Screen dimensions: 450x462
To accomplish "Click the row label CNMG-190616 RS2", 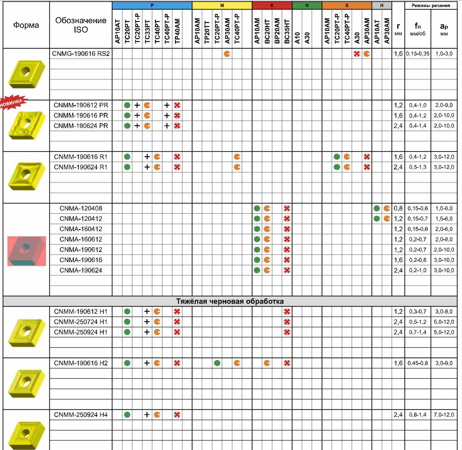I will [x=81, y=54].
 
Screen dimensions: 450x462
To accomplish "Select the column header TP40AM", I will [x=177, y=31].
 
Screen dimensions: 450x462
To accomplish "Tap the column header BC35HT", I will [x=287, y=31].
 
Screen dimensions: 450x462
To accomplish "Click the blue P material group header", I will [x=152, y=6].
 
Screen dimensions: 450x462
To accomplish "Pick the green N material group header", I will [x=307, y=6].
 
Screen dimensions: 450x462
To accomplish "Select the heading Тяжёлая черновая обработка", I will [x=230, y=301].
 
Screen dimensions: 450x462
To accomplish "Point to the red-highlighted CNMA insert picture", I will [x=27, y=251].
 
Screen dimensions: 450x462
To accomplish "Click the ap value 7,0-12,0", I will [x=444, y=415].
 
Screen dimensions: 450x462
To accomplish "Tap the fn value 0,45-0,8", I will [x=418, y=363].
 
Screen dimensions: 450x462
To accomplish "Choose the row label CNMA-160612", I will [x=81, y=239].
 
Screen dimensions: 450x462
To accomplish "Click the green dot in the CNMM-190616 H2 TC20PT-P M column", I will [x=217, y=363].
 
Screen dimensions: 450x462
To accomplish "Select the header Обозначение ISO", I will [x=81, y=25].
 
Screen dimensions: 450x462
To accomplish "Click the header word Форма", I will [x=26, y=25].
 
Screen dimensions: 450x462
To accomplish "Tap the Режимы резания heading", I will [x=431, y=6].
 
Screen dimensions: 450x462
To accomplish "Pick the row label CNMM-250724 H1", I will [x=81, y=322].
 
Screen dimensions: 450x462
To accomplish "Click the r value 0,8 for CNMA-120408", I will [x=398, y=208].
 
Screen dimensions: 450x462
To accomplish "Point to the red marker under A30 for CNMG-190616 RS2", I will [x=357, y=54].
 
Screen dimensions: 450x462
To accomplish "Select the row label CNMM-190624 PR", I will [x=81, y=126].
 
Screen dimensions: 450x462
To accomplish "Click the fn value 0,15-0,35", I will [x=418, y=54].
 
